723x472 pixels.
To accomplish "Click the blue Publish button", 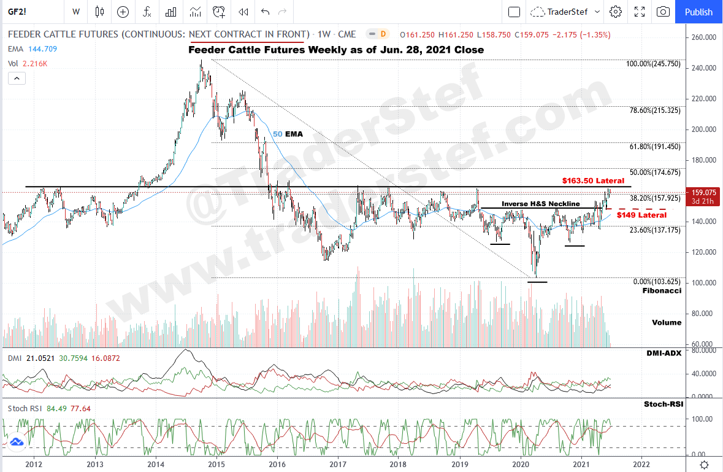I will (x=698, y=12).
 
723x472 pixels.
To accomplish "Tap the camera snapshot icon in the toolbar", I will (x=663, y=12).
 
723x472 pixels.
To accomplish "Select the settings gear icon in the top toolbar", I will (x=616, y=12).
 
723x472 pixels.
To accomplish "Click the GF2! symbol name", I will (x=17, y=12).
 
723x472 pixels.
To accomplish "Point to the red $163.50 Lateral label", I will (x=593, y=181).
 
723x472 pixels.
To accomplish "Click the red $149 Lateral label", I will (x=641, y=215).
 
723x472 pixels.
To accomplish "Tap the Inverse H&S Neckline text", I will (x=541, y=204).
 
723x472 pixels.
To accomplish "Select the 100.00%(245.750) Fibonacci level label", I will (x=653, y=64).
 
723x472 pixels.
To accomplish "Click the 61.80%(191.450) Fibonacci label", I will (x=655, y=147).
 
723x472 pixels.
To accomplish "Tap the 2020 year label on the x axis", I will (x=521, y=464).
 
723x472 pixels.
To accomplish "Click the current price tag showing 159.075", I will (x=703, y=192).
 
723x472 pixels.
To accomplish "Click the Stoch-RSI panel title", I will (x=664, y=404).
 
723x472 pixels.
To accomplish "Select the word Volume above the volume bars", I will (x=666, y=322).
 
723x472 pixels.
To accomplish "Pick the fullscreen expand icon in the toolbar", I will (x=640, y=12).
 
